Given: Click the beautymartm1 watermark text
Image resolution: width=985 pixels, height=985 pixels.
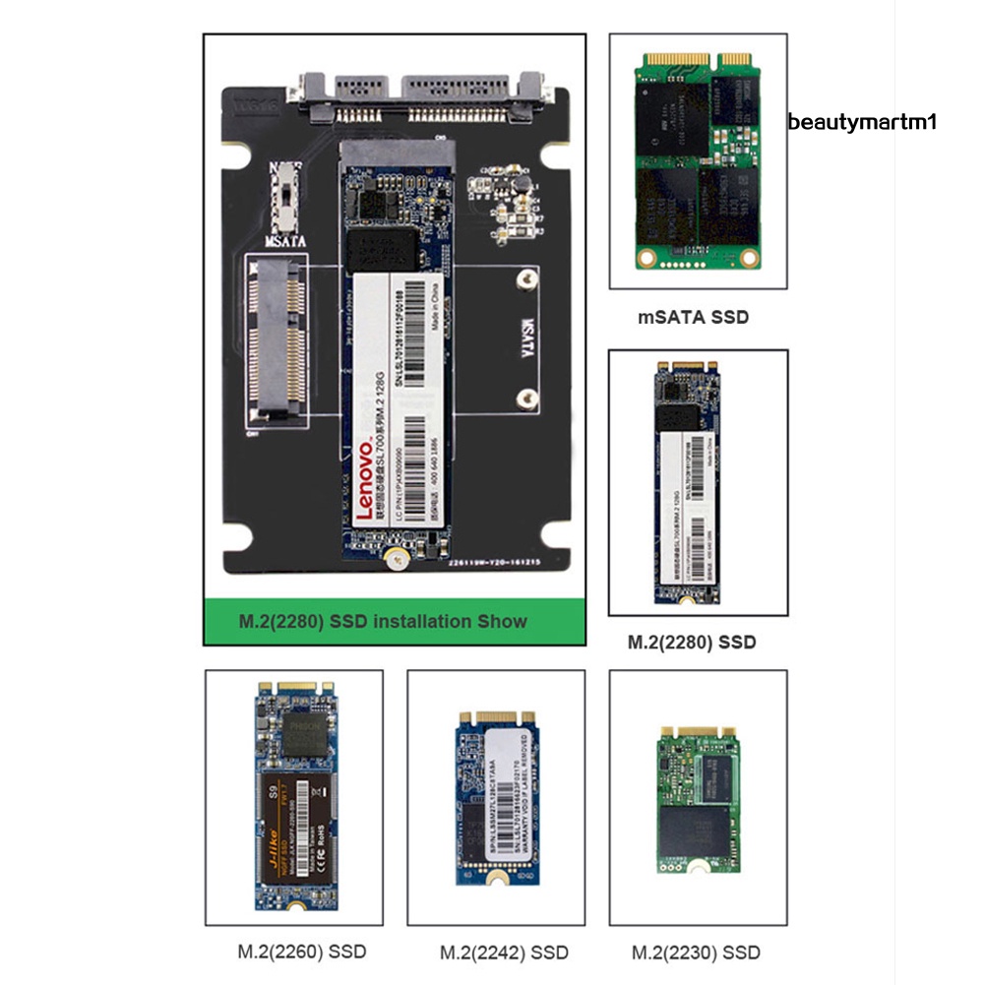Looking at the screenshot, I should tap(862, 122).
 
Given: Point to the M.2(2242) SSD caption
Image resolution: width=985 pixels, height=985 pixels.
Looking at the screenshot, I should tap(504, 953).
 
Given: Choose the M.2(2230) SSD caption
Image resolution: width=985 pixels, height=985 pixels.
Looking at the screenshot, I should tap(696, 953).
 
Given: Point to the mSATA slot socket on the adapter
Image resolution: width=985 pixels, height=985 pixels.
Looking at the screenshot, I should tap(278, 339).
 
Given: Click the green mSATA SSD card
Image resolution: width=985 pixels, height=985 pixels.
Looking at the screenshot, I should tap(698, 161).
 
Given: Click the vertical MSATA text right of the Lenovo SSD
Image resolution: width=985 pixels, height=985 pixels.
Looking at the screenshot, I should tap(526, 339).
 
